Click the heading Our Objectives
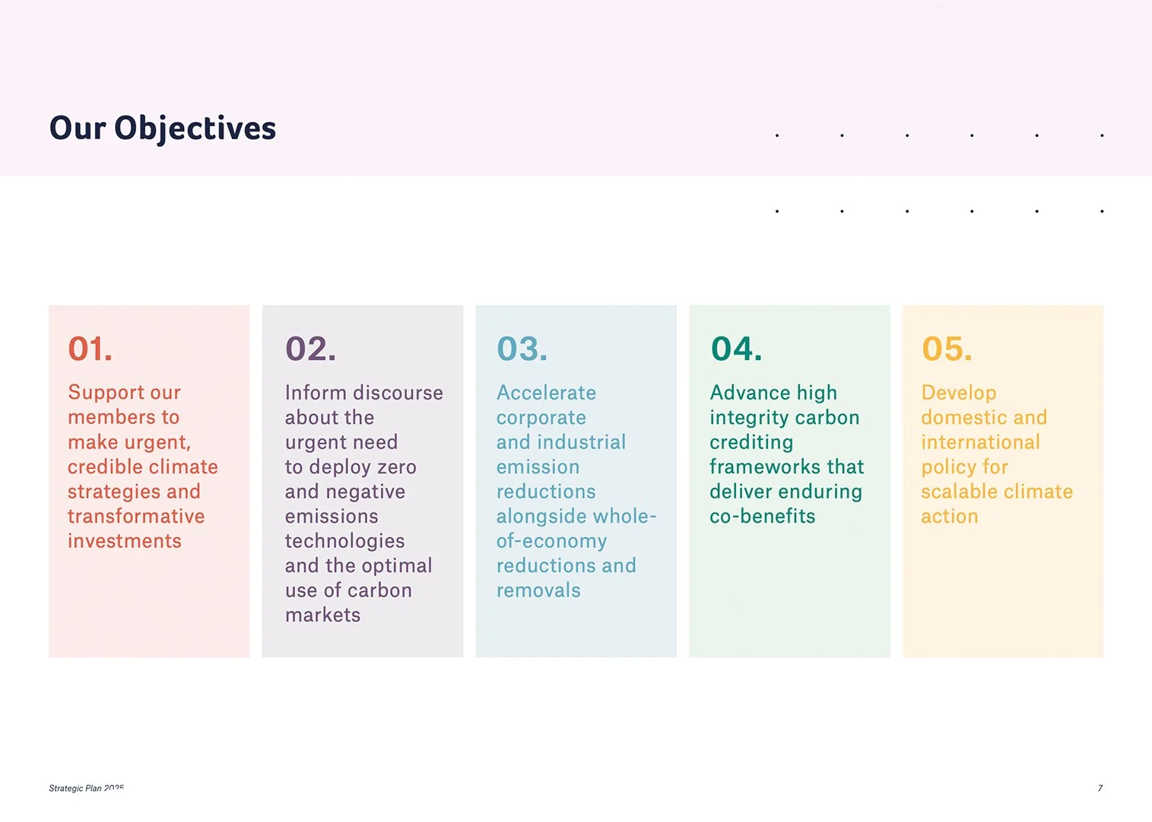tap(163, 129)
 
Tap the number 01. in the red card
tap(90, 349)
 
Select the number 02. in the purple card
tap(311, 349)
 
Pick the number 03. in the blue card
tap(522, 349)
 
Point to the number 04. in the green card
tap(736, 349)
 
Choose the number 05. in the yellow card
tap(947, 349)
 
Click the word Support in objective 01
tap(106, 393)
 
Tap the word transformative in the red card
tap(136, 516)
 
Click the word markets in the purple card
tap(323, 615)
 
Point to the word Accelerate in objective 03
tap(546, 393)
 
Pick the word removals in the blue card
tap(538, 591)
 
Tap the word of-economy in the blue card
tap(551, 542)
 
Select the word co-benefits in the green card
tap(763, 516)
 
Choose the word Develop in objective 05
tap(959, 393)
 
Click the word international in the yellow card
tap(981, 442)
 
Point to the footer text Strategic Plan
tap(75, 788)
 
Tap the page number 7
tap(1100, 788)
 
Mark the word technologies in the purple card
tap(345, 542)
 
